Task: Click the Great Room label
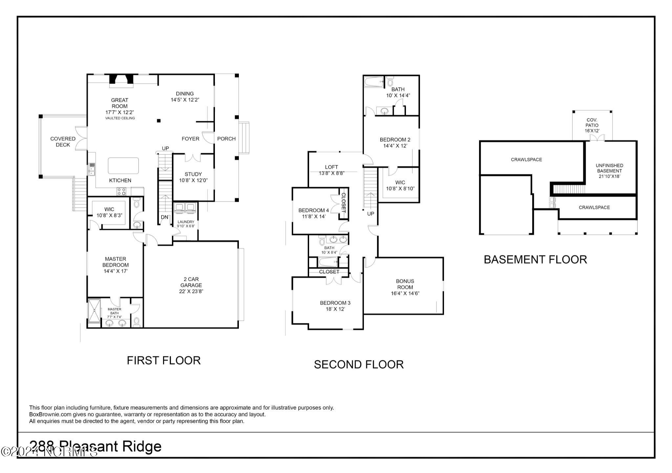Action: (x=119, y=103)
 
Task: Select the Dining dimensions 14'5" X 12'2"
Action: (x=185, y=100)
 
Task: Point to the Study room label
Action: (x=193, y=174)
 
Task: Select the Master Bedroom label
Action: (x=115, y=262)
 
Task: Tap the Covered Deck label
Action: (x=63, y=142)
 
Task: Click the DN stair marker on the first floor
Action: (x=164, y=217)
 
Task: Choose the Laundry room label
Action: (x=186, y=222)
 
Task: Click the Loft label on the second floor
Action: (x=331, y=167)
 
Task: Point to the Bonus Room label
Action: (x=405, y=284)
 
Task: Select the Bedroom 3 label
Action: (x=333, y=303)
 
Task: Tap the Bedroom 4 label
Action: (x=313, y=210)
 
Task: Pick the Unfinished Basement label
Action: (x=609, y=168)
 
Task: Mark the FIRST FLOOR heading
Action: (x=163, y=360)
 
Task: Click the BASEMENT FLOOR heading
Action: (x=535, y=259)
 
